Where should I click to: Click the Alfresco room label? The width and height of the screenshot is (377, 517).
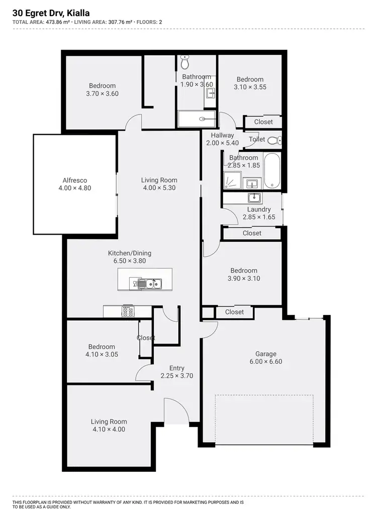pyautogui.click(x=75, y=180)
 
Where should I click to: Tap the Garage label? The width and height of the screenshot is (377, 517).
pyautogui.click(x=265, y=354)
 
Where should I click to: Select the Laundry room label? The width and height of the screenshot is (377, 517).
pyautogui.click(x=259, y=209)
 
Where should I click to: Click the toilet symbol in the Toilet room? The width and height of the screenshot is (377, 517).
pyautogui.click(x=273, y=140)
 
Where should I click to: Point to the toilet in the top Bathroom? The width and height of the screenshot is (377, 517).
pyautogui.click(x=184, y=62)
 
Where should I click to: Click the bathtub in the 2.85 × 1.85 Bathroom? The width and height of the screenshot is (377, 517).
pyautogui.click(x=271, y=171)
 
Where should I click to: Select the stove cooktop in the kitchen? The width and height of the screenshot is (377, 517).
pyautogui.click(x=128, y=312)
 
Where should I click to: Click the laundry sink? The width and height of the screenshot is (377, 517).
pyautogui.click(x=254, y=197)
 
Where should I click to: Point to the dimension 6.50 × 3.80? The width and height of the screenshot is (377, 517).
pyautogui.click(x=129, y=261)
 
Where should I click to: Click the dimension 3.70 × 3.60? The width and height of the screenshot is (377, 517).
pyautogui.click(x=102, y=93)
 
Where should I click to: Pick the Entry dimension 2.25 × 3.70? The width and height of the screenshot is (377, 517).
pyautogui.click(x=176, y=375)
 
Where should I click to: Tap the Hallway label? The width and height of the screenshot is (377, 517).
pyautogui.click(x=222, y=135)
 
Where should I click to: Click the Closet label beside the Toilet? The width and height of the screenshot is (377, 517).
pyautogui.click(x=263, y=122)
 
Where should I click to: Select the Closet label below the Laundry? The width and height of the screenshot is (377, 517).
pyautogui.click(x=252, y=233)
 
